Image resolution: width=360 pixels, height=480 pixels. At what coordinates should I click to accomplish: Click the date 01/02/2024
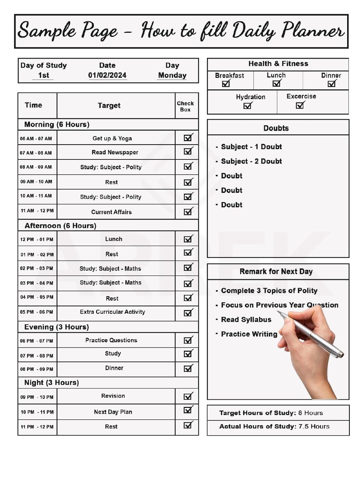(x=107, y=75)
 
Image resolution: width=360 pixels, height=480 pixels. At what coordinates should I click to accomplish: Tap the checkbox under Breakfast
(x=226, y=83)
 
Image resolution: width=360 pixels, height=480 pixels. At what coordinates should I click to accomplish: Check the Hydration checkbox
(x=247, y=106)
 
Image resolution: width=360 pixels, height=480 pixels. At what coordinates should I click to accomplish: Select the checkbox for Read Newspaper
(x=188, y=152)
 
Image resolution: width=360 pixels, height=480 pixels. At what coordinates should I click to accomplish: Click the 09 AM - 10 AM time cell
(x=36, y=182)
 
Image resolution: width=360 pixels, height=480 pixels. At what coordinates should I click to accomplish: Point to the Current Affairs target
(x=111, y=212)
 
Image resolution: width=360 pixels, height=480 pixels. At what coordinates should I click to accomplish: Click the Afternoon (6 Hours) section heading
(x=60, y=226)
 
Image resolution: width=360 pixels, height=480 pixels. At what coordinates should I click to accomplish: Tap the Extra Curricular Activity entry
(x=112, y=312)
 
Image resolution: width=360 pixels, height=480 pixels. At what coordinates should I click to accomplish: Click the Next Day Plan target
(x=113, y=412)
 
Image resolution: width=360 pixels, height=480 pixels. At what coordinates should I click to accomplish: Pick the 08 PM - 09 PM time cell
(x=37, y=369)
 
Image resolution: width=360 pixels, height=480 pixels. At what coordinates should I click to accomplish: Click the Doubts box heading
(x=276, y=128)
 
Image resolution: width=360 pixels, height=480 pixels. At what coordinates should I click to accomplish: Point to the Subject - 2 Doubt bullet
(x=251, y=161)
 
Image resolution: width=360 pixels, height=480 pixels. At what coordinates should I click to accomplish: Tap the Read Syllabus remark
(x=246, y=320)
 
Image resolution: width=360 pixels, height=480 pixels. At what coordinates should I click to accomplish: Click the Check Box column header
(x=185, y=106)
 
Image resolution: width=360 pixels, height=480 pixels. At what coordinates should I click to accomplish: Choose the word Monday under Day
(x=172, y=75)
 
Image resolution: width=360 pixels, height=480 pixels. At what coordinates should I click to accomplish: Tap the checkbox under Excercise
(x=300, y=105)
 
